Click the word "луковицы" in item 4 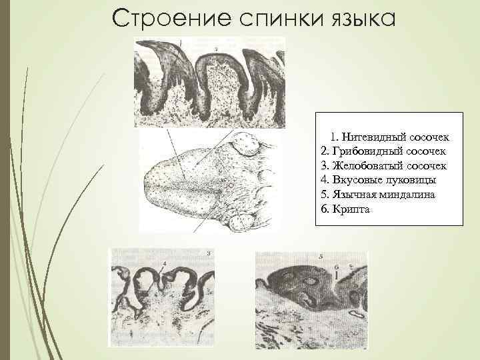(x=413, y=179)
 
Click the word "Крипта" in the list (x=351, y=209)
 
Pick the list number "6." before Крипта (x=325, y=209)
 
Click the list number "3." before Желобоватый (x=325, y=165)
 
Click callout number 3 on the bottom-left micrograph (x=209, y=253)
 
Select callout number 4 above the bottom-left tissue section (x=163, y=265)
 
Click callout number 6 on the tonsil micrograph (x=337, y=266)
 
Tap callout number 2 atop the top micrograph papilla (x=217, y=49)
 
